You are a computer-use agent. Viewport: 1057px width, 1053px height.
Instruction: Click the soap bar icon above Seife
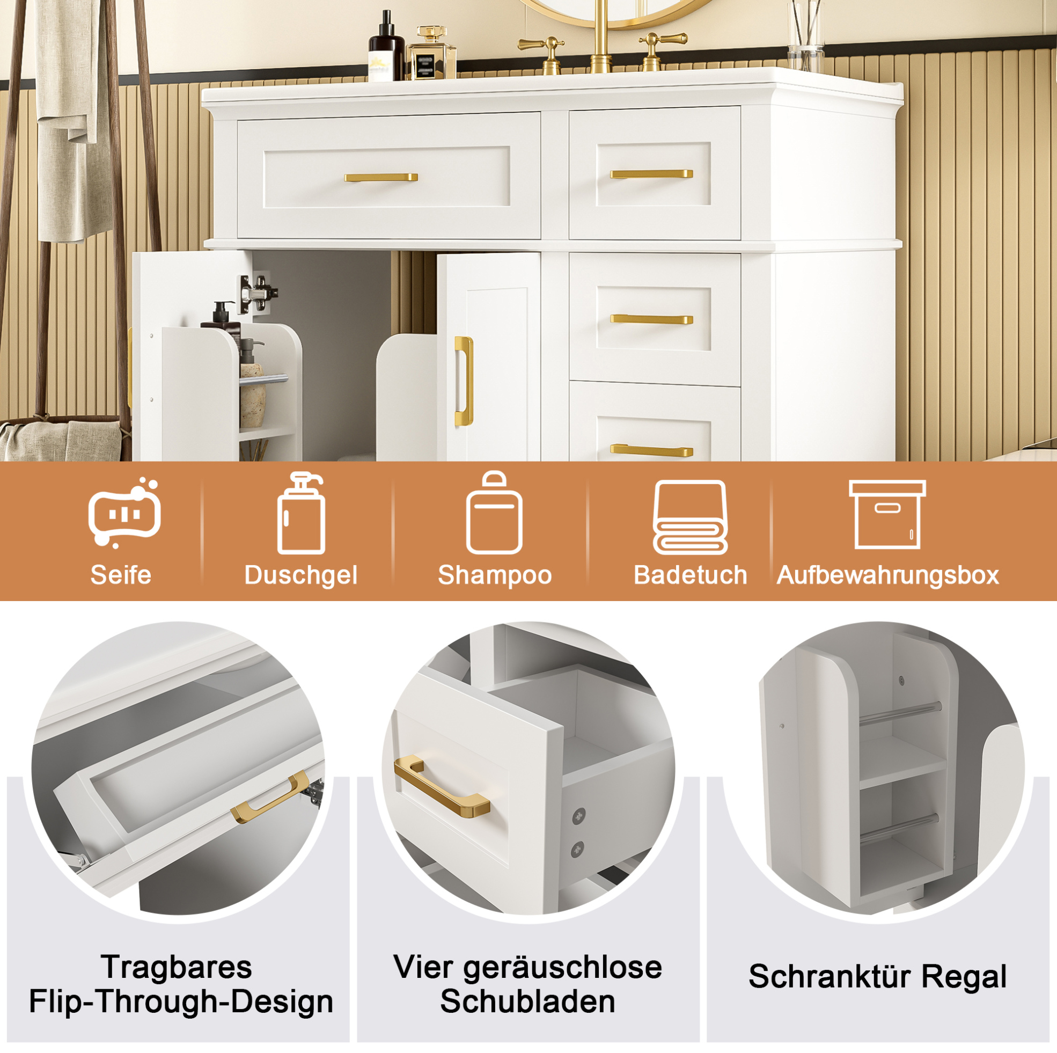[x=124, y=513]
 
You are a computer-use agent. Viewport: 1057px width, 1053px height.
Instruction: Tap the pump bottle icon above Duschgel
[x=301, y=513]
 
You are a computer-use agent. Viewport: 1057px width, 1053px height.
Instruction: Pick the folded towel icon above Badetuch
[x=690, y=517]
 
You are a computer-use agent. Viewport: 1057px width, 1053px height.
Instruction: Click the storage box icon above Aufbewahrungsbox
[x=887, y=515]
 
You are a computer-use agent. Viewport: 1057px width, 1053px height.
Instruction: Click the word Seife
[x=121, y=575]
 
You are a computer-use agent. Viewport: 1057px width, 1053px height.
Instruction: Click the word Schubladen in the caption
[x=528, y=1002]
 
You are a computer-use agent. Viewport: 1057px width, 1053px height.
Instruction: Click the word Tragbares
[x=176, y=967]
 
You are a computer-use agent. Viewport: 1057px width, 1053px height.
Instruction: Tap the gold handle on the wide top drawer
[x=381, y=177]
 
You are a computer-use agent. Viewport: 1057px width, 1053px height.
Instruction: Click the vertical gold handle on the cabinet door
[x=464, y=382]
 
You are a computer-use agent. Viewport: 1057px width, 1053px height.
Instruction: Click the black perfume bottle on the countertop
[x=386, y=48]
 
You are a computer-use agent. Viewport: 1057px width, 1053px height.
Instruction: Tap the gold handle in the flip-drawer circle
[x=269, y=797]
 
